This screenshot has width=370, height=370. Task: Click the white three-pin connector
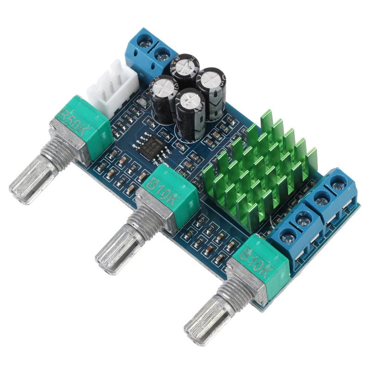coord(113,86)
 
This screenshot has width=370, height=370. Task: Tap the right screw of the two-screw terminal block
coord(161,56)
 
